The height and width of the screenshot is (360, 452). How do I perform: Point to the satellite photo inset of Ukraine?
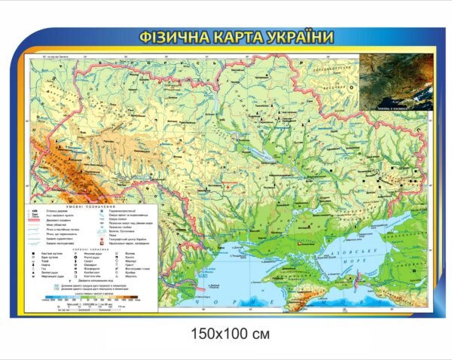click(x=387, y=83)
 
